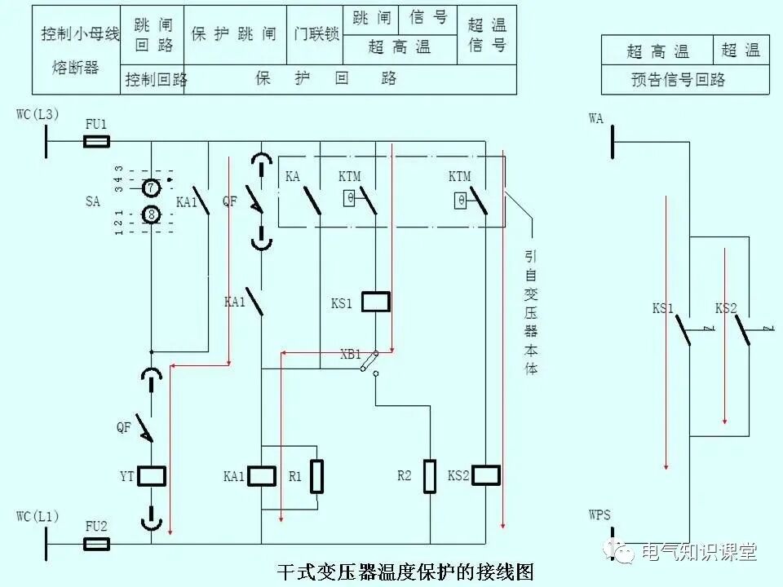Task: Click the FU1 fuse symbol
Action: (x=97, y=142)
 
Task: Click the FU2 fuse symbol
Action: (x=97, y=544)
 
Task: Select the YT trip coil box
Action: (x=152, y=476)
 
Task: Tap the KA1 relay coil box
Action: (x=262, y=476)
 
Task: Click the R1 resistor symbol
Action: (x=316, y=476)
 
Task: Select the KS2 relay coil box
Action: (x=485, y=476)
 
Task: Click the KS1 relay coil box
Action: (x=375, y=302)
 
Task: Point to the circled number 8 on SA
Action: (x=152, y=214)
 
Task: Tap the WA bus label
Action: (x=596, y=119)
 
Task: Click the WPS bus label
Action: (x=599, y=515)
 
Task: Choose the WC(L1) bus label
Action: (x=38, y=516)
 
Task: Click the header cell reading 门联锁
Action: (x=316, y=35)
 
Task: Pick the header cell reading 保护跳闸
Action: (x=234, y=35)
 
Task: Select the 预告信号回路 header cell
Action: (x=678, y=80)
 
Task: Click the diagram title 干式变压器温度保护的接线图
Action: (x=405, y=571)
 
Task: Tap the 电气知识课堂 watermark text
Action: (x=699, y=552)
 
